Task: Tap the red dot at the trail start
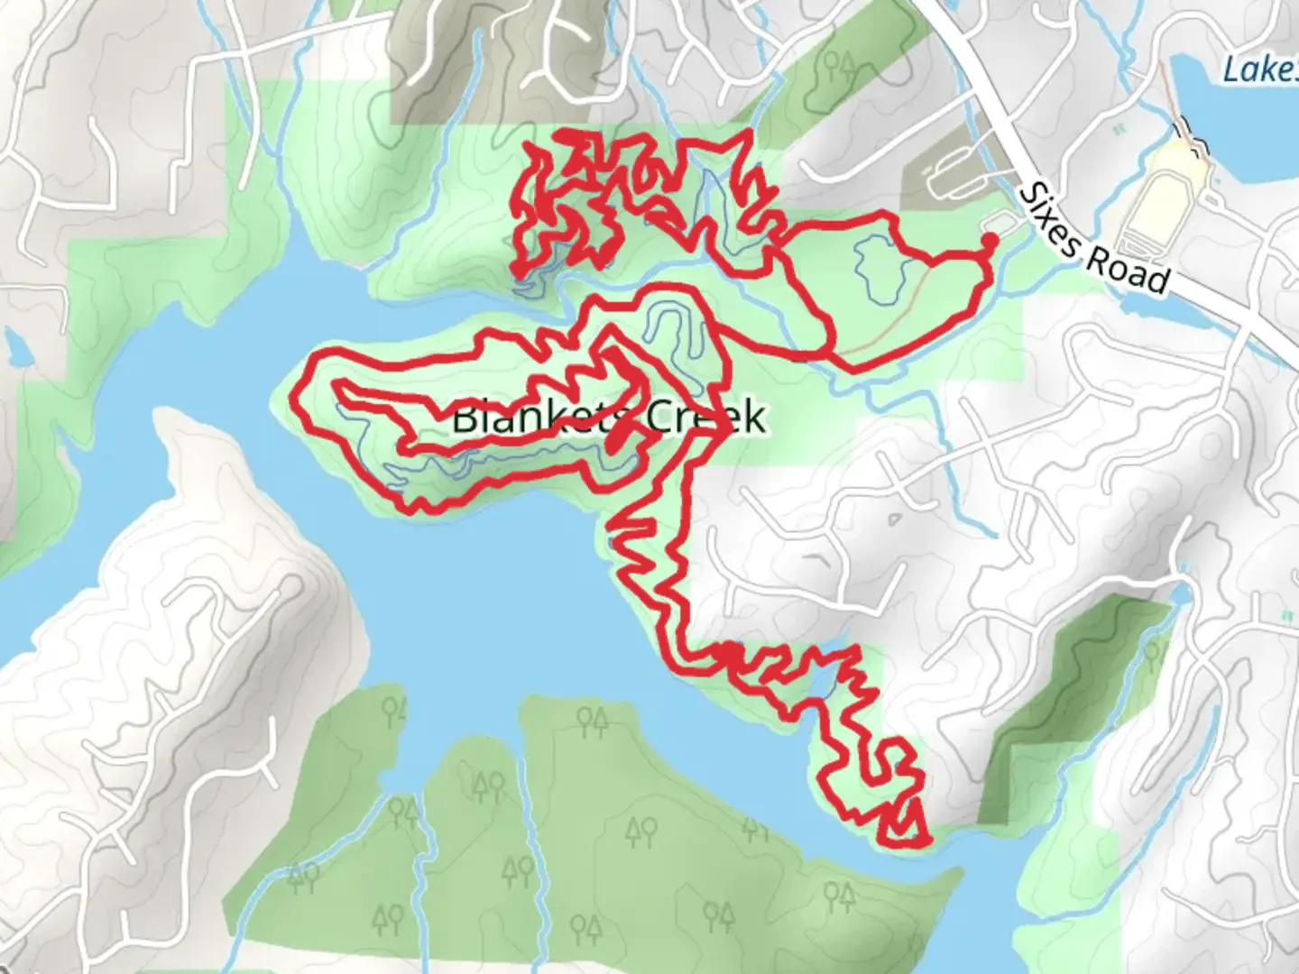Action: coord(989,240)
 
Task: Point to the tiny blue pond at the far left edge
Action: coord(14,346)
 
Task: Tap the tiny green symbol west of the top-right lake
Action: coord(1119,130)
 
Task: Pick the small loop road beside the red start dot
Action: coord(1000,221)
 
